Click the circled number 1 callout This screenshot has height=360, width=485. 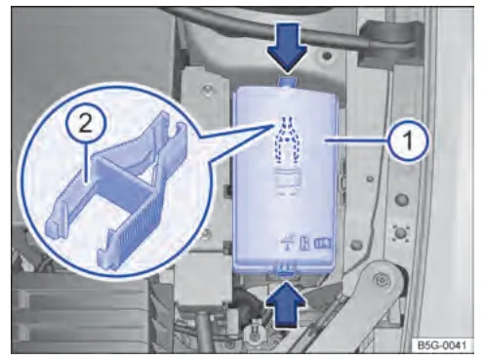coord(408,140)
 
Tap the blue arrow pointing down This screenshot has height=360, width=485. coord(287,47)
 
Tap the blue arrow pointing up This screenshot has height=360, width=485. coord(287,305)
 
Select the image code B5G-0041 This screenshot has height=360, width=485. coord(441,345)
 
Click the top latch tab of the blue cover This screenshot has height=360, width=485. coord(287,81)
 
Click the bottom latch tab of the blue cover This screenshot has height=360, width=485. coord(286,267)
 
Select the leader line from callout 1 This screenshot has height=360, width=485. coord(356,140)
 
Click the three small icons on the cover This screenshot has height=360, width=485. coord(306,243)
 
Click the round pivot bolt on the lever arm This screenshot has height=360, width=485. coord(379,278)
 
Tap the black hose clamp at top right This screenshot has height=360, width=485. coord(387,43)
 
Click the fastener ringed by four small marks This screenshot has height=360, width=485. coord(401,233)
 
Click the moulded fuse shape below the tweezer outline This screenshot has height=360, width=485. coord(287,181)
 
